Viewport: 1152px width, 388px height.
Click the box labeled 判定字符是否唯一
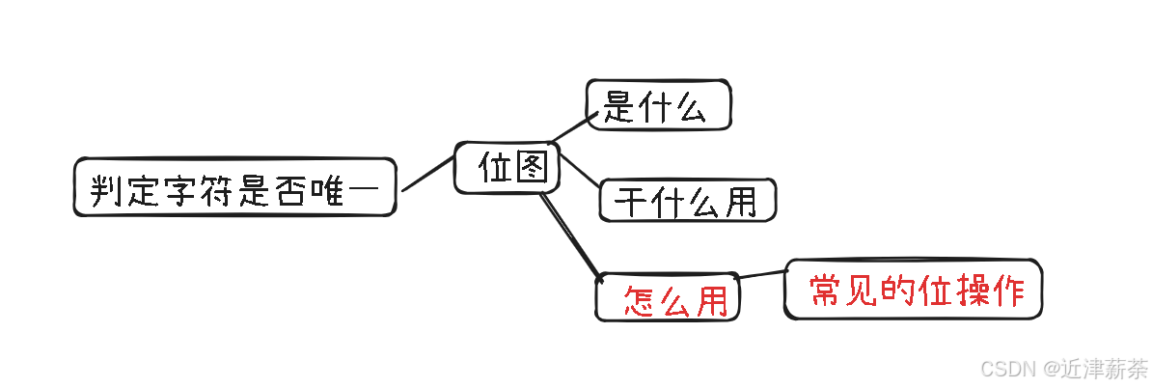coord(234,187)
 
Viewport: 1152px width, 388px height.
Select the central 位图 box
coord(507,168)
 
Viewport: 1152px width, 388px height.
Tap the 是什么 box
coord(658,105)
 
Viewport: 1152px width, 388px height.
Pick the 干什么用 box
coord(687,200)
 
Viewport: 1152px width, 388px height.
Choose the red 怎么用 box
coord(668,298)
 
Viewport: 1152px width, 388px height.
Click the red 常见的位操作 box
coord(914,289)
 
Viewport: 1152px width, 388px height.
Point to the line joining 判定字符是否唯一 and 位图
coord(427,172)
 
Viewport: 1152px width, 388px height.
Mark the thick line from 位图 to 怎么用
coord(570,235)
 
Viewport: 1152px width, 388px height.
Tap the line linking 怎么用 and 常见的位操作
coord(763,275)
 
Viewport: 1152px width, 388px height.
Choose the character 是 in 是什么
coord(619,106)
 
